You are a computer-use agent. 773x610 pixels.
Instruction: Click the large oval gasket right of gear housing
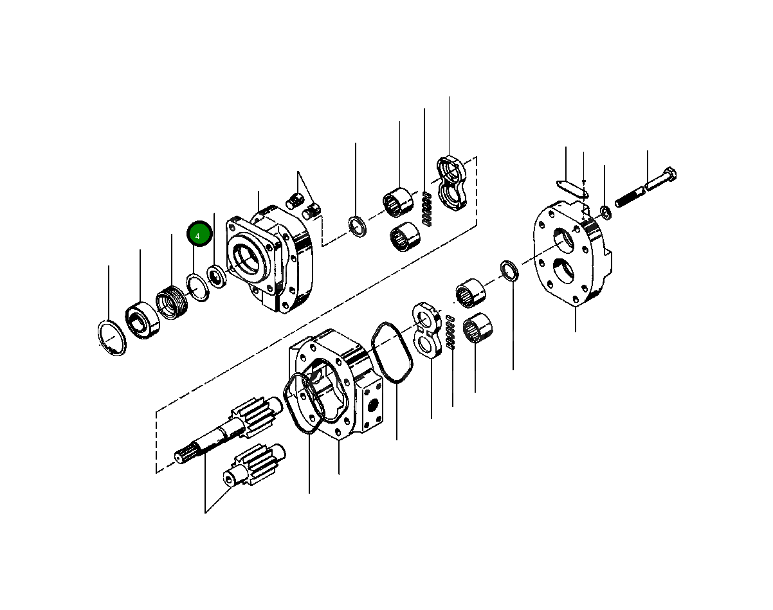pos(393,354)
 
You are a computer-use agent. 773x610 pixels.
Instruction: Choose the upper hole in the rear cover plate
pos(564,240)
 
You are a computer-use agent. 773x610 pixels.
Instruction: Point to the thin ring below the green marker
pos(198,287)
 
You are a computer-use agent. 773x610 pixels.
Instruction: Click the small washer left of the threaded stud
pos(605,211)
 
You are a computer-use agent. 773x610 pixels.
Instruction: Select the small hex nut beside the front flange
pos(217,276)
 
